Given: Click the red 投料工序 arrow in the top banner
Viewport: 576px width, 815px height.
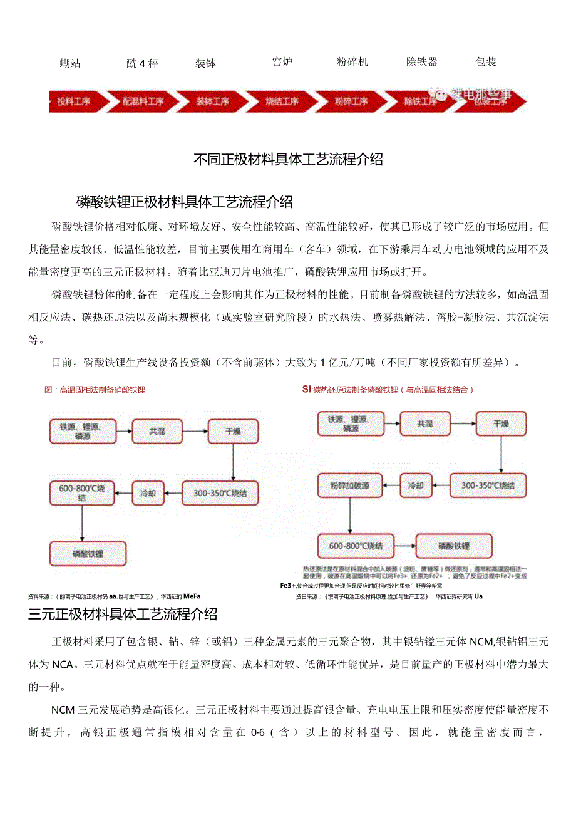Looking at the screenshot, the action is point(74,101).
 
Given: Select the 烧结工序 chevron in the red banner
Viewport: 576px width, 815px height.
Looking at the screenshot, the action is point(281,101).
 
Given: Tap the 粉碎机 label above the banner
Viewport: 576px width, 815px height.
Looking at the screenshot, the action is point(352,62).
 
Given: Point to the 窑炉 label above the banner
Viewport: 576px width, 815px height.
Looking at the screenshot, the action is point(282,62).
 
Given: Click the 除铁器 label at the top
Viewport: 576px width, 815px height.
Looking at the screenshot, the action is point(422,62).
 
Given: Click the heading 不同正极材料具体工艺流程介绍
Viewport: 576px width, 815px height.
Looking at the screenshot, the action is point(288,159).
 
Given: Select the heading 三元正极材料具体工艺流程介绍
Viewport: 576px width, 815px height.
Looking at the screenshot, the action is point(123,613).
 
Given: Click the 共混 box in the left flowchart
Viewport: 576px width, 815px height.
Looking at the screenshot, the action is point(157,432).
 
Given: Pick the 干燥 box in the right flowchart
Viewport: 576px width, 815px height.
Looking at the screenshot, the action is point(501,424).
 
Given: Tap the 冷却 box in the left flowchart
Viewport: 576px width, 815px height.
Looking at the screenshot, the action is point(148,493).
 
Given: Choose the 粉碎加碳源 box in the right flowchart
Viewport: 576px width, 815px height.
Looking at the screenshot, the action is point(349,485).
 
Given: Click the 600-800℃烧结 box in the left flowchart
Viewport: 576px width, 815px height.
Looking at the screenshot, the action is point(83,493).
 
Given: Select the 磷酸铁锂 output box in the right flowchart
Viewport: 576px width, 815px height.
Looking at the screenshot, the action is point(454,546).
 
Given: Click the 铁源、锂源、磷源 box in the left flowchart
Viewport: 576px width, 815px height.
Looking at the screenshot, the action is point(83,432).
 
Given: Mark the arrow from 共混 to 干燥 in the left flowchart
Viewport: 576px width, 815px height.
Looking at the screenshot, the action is point(195,432).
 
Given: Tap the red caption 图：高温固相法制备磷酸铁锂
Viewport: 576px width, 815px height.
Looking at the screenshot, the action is point(95,390).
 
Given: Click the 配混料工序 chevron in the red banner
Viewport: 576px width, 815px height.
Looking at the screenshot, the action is point(143,101).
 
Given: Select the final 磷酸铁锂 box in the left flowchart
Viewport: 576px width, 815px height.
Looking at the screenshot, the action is point(88,554).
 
